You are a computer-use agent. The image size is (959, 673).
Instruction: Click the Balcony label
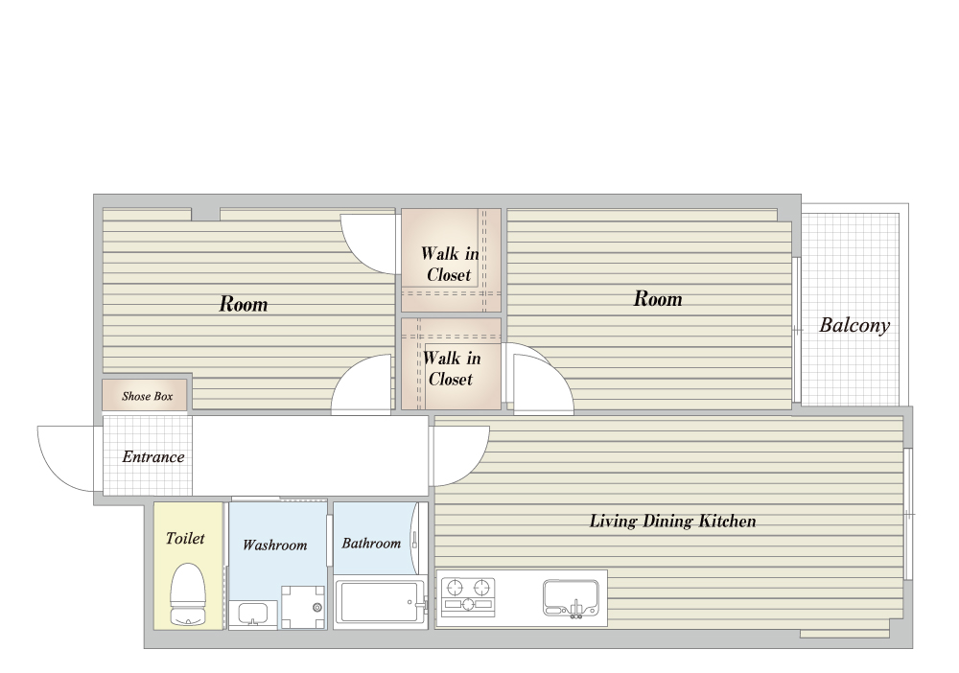tap(854, 325)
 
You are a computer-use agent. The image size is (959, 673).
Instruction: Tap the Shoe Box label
tap(147, 396)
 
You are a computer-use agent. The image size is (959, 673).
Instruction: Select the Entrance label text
tap(152, 456)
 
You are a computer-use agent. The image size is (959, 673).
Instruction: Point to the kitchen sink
tap(570, 598)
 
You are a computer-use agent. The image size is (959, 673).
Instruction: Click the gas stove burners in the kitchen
tap(468, 594)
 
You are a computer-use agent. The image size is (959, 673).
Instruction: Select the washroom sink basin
tap(252, 614)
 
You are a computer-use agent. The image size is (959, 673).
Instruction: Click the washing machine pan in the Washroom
tap(303, 607)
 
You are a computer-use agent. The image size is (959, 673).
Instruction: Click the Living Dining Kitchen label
tap(673, 522)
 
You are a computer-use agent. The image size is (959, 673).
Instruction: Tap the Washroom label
tap(274, 545)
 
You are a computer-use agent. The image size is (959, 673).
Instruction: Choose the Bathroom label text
tap(371, 543)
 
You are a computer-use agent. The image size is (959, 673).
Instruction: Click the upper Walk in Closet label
tap(450, 264)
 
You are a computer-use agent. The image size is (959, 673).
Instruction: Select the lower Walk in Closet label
tap(452, 368)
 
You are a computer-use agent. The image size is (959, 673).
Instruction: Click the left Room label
tap(244, 304)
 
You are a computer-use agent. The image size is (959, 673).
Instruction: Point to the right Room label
tap(658, 298)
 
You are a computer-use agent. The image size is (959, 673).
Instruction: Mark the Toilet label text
tap(185, 538)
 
